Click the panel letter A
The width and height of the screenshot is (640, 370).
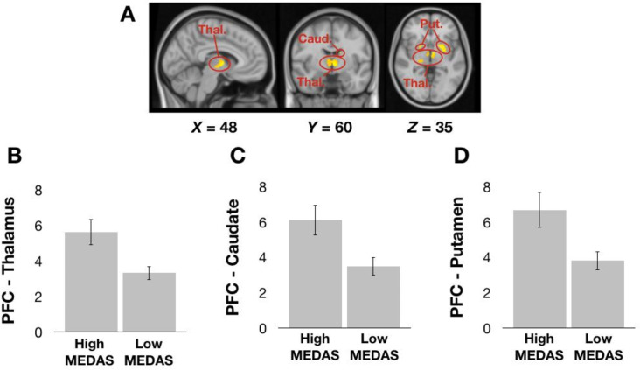click(128, 16)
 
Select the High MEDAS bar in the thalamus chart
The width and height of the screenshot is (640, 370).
click(92, 282)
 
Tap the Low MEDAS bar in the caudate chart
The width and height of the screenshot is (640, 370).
click(373, 297)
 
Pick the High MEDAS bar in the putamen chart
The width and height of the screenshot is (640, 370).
click(539, 269)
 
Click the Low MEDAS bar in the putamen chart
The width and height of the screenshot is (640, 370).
click(597, 294)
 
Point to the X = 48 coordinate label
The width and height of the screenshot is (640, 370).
click(214, 128)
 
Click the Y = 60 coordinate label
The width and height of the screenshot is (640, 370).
click(330, 128)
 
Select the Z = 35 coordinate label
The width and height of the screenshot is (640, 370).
click(430, 128)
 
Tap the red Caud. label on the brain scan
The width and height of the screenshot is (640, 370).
click(315, 39)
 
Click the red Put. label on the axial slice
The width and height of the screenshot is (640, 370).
click(431, 24)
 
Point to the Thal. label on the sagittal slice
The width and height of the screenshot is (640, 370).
click(212, 30)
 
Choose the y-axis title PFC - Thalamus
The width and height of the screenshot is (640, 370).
click(9, 261)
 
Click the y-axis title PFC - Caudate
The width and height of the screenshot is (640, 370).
click(233, 258)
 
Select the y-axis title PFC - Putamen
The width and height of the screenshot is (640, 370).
click(456, 257)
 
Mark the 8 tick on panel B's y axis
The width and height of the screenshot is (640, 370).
click(38, 191)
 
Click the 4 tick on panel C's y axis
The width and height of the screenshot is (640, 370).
click(262, 258)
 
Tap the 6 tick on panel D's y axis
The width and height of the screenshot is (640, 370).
click(486, 223)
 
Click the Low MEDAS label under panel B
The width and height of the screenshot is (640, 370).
click(149, 352)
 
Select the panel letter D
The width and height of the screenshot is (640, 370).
click(462, 156)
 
